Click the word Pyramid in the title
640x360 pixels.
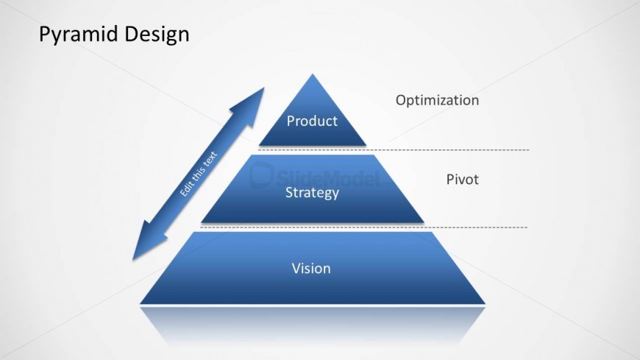79,35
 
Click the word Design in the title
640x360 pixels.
157,34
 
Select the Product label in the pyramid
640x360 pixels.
312,121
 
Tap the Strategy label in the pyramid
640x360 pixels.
312,192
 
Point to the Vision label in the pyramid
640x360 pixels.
311,269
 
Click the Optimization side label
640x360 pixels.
437,101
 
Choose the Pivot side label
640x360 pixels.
462,180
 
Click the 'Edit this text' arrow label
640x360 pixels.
199,174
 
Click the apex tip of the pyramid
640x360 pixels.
313,74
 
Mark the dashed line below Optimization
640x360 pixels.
394,150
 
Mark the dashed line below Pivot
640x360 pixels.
363,227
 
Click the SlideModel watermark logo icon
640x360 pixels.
261,175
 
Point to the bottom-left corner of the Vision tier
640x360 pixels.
141,303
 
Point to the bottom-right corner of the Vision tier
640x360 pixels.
485,303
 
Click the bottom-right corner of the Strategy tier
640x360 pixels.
424,222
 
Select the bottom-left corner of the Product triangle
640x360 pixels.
260,145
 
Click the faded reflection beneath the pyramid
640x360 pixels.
313,324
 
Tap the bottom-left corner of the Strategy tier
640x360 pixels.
202,222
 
